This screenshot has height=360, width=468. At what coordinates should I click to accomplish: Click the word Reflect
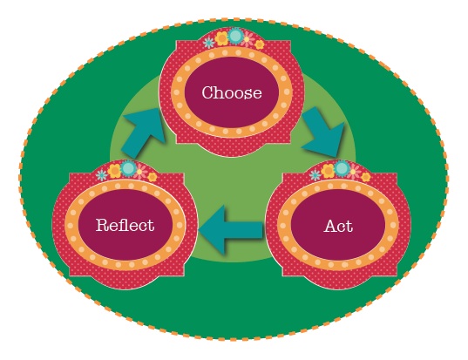pos(125,225)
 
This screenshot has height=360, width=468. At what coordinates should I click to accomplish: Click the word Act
pos(338,226)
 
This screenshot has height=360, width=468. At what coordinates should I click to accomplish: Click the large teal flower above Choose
pos(235,37)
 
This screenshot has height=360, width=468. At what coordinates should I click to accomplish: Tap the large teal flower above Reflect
pos(129,167)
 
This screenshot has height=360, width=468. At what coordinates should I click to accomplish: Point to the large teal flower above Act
pos(343,167)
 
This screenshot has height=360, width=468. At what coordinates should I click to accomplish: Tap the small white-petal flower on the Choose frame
pos(208,42)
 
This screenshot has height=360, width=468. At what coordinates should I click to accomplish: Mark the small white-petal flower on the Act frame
pos(315,175)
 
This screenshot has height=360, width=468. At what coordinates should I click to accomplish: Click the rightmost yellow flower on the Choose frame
pos(259,44)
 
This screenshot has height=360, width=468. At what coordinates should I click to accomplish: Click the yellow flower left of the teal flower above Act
pos(328,172)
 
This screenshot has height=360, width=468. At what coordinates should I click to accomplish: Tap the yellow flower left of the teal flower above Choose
pos(221,39)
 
